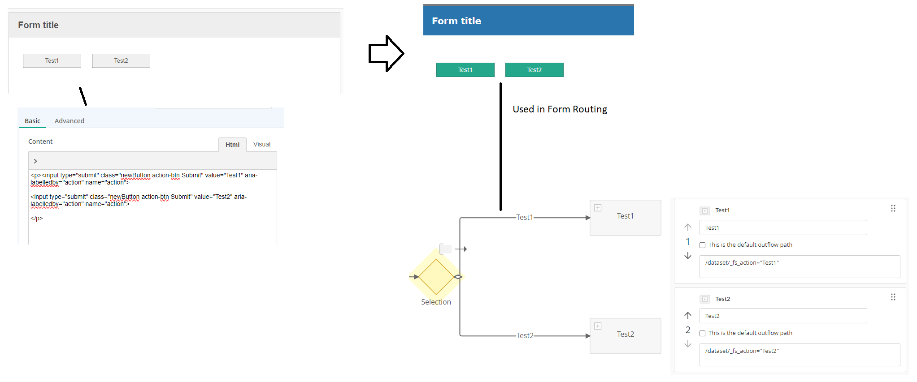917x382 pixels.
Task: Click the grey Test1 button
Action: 52,61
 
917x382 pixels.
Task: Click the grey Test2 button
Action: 121,61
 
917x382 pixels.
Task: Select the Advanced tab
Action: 70,121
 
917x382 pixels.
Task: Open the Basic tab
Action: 32,121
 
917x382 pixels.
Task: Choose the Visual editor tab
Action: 262,144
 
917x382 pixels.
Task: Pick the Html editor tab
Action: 232,145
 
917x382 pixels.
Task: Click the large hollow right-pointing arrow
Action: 386,53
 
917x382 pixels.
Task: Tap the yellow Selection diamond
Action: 436,277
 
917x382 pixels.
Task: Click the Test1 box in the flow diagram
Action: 625,218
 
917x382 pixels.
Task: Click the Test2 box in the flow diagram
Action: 625,336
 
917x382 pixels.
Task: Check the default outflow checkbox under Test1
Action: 703,245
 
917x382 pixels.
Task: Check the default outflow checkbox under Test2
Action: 703,333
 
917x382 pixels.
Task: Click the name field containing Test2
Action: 783,316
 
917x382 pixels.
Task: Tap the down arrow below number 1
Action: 688,256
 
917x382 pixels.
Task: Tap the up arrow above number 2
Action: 688,315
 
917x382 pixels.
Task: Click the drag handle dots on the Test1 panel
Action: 893,208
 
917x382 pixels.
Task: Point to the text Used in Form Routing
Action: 560,109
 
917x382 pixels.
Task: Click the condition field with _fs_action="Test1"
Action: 800,266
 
